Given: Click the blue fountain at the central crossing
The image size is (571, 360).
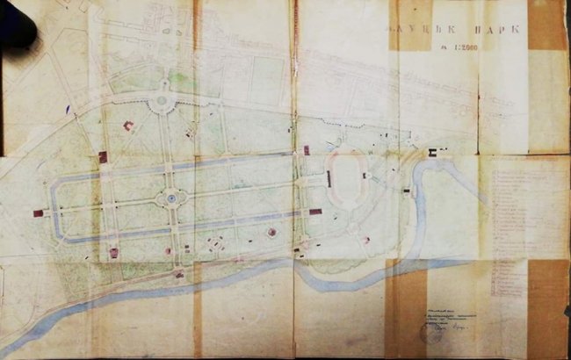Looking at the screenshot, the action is click(170, 201).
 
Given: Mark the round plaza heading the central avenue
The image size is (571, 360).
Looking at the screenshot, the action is click(162, 103).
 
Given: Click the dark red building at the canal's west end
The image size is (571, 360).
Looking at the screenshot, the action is click(38, 213).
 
